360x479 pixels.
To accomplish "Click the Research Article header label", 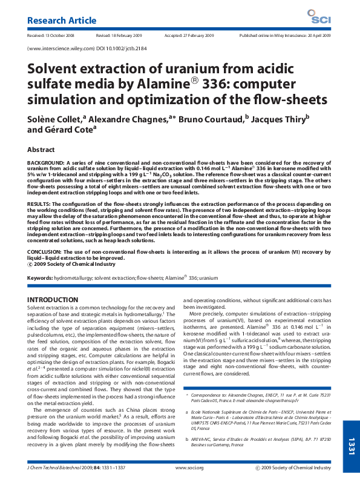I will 62,21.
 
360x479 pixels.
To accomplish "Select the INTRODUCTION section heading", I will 55,300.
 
